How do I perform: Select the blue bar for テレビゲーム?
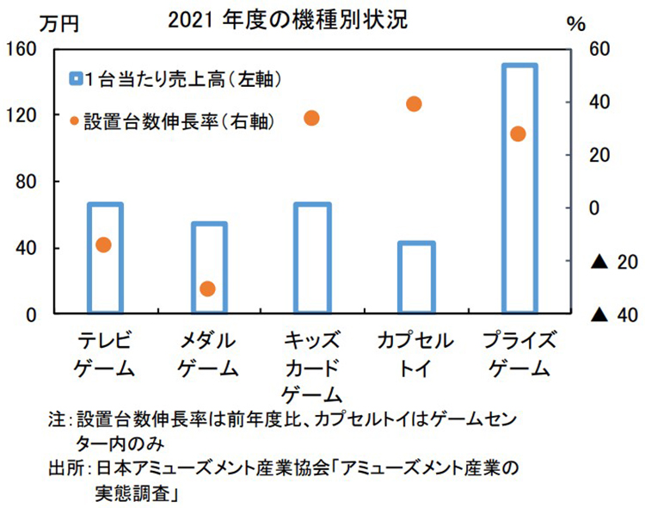[106, 258]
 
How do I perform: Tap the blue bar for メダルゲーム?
[209, 268]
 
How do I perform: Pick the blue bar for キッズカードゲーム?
[312, 258]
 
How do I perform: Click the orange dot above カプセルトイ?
[413, 104]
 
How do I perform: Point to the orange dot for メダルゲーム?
[207, 288]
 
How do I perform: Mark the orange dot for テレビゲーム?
[103, 245]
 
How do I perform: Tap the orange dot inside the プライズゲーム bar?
[518, 133]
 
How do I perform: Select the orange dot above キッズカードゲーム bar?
[311, 118]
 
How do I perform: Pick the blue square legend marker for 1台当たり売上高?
[76, 79]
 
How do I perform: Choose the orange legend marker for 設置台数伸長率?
[75, 119]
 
